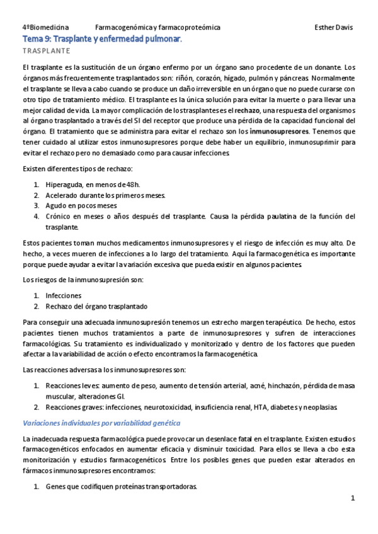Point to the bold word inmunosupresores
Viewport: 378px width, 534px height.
click(280, 132)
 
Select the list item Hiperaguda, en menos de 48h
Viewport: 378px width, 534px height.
click(92, 185)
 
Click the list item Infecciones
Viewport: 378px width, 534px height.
click(63, 295)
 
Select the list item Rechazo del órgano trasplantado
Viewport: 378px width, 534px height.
click(96, 306)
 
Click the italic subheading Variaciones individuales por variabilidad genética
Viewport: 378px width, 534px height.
click(101, 423)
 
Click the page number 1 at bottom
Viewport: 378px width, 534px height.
click(353, 498)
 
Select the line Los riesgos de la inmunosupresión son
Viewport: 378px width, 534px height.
click(83, 279)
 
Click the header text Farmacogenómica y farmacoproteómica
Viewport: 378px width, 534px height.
click(157, 28)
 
